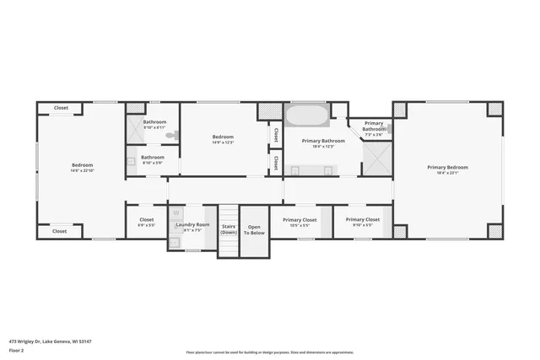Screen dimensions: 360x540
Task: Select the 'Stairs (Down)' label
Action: click(229, 228)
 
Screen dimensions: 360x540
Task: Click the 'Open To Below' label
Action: click(255, 228)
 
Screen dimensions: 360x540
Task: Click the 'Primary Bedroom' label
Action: click(447, 167)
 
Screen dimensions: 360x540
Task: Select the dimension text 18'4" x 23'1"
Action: click(447, 174)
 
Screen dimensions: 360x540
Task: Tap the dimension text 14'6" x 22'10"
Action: click(82, 171)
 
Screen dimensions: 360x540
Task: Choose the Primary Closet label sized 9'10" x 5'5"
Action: click(362, 219)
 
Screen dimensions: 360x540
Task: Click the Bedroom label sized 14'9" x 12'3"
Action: click(223, 137)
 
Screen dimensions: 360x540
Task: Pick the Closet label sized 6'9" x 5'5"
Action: click(147, 219)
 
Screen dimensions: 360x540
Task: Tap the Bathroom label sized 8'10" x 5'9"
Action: click(153, 157)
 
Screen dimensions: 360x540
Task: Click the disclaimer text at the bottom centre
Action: click(269, 352)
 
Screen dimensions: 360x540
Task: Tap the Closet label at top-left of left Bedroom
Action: click(61, 108)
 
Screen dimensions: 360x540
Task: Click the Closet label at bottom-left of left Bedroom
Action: click(59, 231)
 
